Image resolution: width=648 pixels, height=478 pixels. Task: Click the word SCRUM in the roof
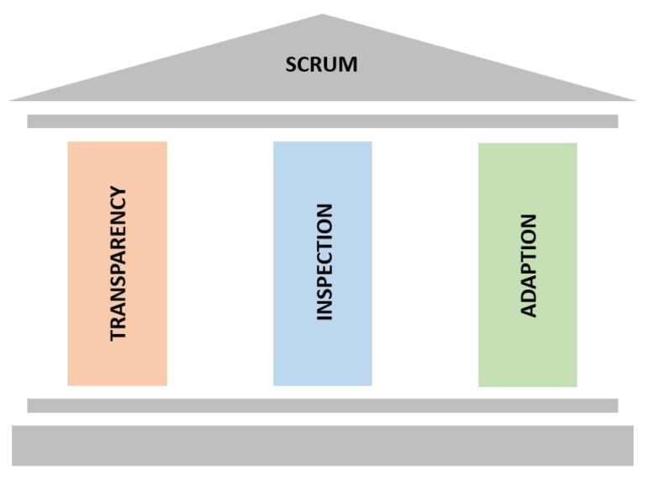point(322,65)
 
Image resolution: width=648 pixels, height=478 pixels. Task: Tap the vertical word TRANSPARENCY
point(119,264)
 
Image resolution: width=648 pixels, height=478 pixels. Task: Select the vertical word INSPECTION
point(324,262)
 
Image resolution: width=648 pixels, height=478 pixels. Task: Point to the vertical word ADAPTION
point(528,266)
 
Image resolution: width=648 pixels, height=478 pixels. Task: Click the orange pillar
point(118,263)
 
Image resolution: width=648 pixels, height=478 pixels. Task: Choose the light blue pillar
point(323,263)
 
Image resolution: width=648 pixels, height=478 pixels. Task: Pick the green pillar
point(528,265)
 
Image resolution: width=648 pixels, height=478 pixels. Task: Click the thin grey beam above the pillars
point(323,121)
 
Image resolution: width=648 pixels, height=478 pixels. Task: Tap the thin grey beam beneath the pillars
point(323,406)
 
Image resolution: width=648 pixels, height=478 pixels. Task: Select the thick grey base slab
point(323,446)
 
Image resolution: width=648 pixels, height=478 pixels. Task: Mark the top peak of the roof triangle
point(323,14)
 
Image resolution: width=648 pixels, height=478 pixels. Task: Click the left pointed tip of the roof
point(9,100)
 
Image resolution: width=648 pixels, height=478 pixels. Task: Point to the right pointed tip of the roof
point(636,100)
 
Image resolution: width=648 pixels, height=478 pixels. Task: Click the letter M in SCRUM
point(349,65)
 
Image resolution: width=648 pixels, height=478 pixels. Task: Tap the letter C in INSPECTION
point(324,262)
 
